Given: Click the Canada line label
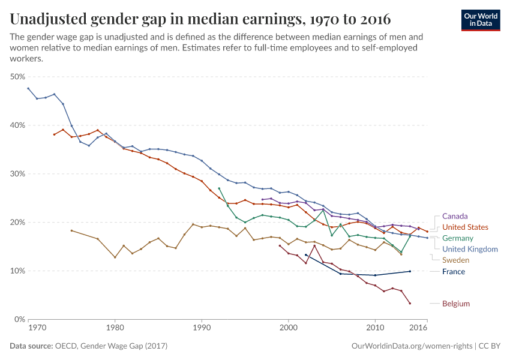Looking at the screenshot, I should coord(455,216).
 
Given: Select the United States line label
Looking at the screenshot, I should coord(465,227).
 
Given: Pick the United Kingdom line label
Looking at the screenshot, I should coord(470,249).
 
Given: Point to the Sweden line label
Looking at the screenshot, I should coord(455,260).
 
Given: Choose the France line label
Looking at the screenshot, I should coord(453,272).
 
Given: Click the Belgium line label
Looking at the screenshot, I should coord(456,304).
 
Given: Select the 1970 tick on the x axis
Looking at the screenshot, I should coord(37,328).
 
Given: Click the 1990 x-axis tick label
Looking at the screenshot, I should coord(202,328).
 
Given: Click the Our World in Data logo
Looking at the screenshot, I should coord(481,19).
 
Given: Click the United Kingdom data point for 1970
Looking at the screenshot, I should coord(28,88).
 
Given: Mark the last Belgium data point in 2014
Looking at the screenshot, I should coord(410,303).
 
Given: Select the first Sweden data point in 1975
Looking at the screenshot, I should coord(71,230).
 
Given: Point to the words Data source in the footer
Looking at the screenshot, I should coord(30,346).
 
